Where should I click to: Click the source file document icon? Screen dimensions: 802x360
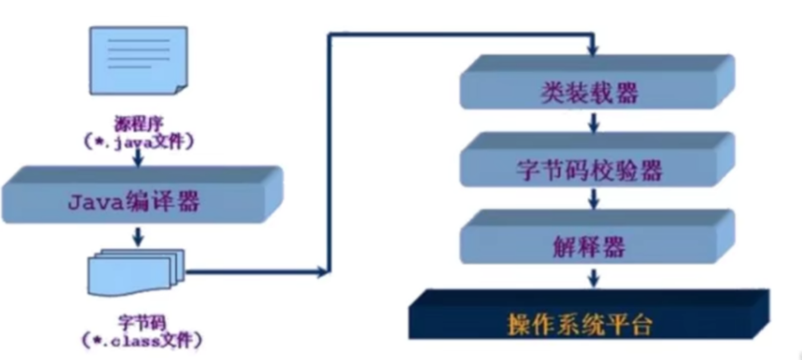click(139, 60)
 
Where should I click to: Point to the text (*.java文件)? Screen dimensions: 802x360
click(139, 141)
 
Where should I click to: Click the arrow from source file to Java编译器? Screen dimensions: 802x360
click(137, 159)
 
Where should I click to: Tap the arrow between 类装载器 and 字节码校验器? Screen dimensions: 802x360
click(594, 122)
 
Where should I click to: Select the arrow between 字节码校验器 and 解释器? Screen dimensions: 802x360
click(594, 199)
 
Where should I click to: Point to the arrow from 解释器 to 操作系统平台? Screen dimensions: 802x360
click(594, 277)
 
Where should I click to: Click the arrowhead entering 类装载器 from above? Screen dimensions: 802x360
click(593, 51)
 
